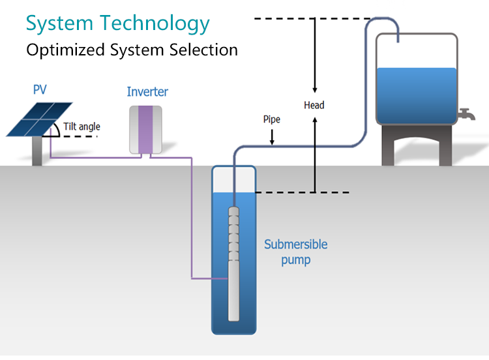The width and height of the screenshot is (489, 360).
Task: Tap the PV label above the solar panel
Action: click(40, 89)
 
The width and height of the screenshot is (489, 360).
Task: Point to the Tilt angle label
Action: click(81, 127)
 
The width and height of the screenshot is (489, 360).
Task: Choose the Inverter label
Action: click(147, 92)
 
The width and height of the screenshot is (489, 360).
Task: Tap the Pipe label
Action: click(273, 119)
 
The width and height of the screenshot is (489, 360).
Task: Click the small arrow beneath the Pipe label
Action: click(273, 137)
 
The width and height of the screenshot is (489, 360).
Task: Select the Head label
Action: click(314, 105)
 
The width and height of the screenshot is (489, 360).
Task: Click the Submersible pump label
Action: click(295, 252)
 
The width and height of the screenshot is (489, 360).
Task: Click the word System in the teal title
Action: click(59, 23)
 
